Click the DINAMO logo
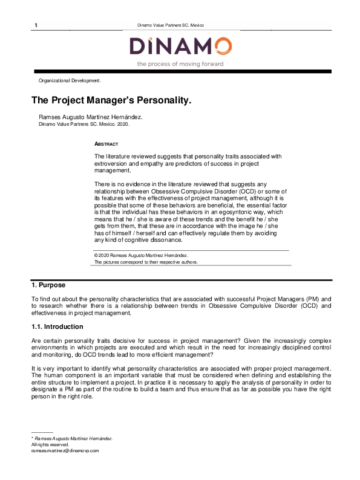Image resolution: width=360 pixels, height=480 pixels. pos(180,47)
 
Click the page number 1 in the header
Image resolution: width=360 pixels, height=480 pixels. pos(36,25)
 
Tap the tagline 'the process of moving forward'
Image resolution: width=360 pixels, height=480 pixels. pos(180,63)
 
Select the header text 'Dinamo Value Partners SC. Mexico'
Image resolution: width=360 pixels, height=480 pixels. pos(171,25)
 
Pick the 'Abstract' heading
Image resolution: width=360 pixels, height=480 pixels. pos(106,144)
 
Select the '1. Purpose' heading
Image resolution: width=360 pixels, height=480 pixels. pos(48,285)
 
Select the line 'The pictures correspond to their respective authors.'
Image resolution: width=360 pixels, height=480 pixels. pos(146,262)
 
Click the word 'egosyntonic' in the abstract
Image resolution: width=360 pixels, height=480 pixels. pos(240,212)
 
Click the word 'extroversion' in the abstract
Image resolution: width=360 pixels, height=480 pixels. pos(112,163)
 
